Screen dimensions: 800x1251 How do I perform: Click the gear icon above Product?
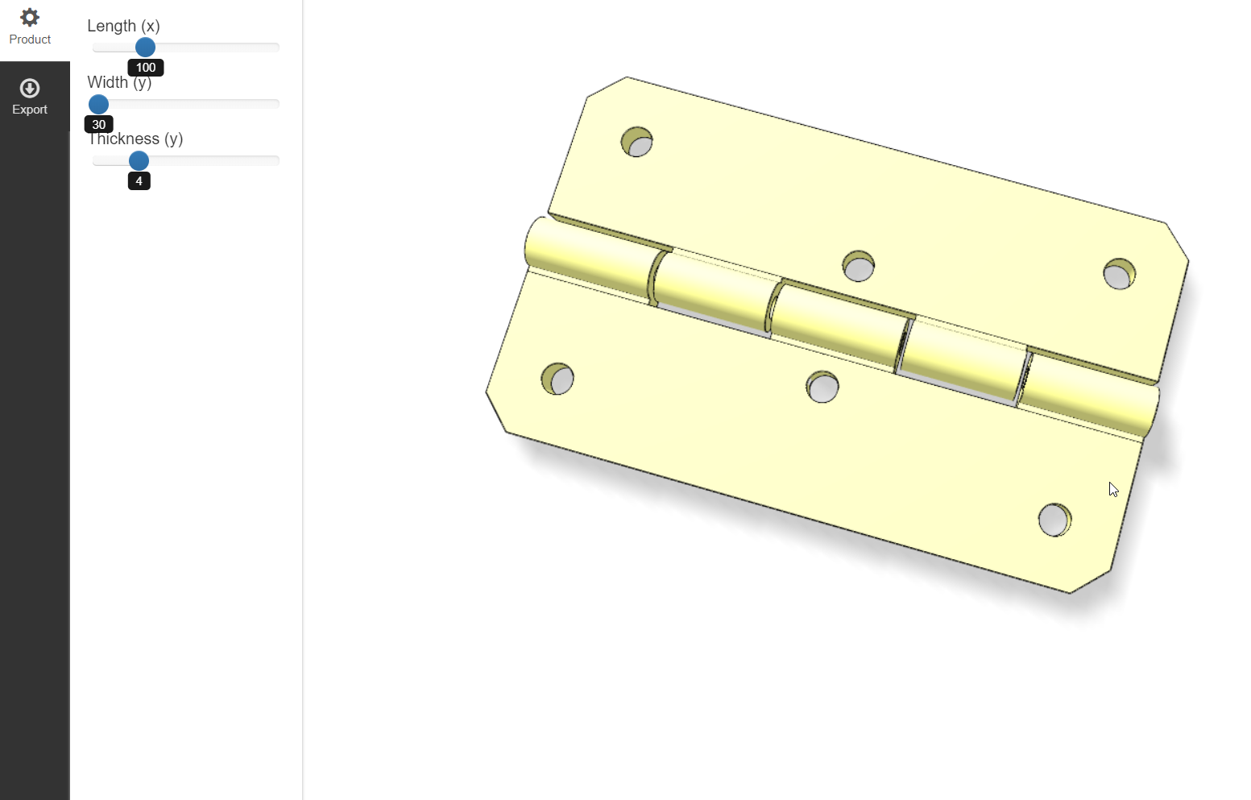(x=30, y=17)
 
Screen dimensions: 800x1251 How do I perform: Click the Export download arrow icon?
(x=30, y=88)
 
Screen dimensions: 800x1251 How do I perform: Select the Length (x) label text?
(x=123, y=26)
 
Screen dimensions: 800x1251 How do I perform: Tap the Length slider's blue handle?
(x=145, y=48)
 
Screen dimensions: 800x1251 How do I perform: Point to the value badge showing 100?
(x=146, y=68)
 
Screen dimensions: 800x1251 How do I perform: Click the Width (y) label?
(x=119, y=82)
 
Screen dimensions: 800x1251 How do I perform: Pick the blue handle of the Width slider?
(x=98, y=104)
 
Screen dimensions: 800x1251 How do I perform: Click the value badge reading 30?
(x=99, y=124)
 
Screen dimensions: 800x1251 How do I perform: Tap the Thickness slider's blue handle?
(x=139, y=161)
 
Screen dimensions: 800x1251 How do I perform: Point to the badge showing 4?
(x=139, y=181)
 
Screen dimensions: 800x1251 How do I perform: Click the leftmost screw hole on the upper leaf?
(x=637, y=143)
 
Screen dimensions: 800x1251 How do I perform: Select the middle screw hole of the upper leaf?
(x=859, y=266)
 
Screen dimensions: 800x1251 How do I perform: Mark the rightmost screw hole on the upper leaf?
(x=1119, y=274)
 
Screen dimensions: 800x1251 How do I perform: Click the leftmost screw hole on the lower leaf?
(x=557, y=379)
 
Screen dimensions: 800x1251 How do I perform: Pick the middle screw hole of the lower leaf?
(x=822, y=387)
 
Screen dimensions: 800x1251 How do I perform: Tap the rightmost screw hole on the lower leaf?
(x=1054, y=520)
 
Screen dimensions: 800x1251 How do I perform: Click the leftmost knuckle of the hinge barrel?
(x=588, y=256)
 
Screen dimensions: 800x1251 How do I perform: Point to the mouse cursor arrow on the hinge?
(x=1113, y=489)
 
